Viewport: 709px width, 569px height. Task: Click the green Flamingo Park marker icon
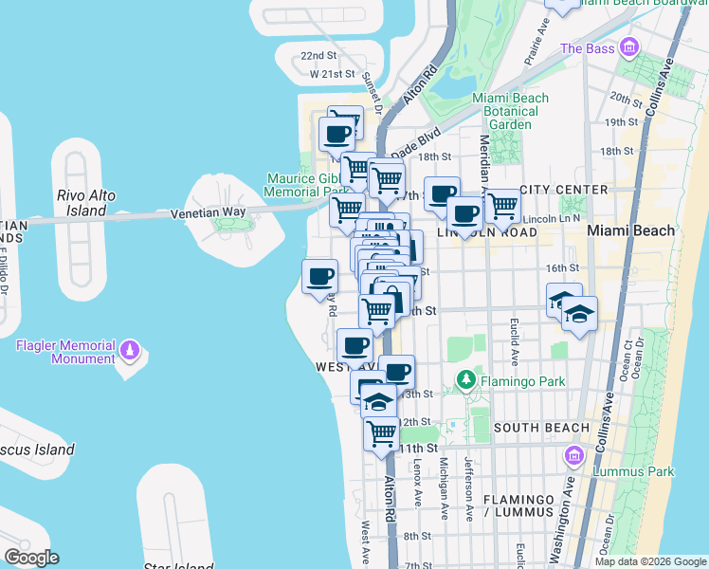(465, 381)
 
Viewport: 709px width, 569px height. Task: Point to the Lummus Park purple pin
(573, 457)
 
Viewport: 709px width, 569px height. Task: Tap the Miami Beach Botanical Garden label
(510, 111)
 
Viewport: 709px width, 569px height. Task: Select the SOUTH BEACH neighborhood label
(541, 428)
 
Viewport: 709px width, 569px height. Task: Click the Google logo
(31, 558)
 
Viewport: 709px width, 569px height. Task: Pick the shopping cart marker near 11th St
(381, 432)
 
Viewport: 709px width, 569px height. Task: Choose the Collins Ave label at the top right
(662, 89)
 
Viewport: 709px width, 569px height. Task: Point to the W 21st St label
(331, 73)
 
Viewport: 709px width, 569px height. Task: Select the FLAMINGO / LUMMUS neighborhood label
(517, 505)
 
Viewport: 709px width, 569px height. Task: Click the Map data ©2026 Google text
(650, 561)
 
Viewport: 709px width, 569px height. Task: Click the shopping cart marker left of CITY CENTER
(501, 204)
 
